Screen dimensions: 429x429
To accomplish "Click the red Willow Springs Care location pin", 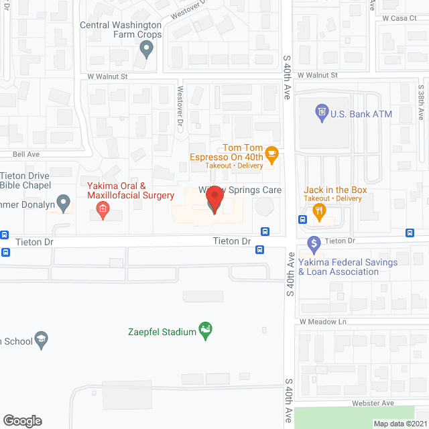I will [214, 200].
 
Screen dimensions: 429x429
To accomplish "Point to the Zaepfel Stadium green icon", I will [206, 331].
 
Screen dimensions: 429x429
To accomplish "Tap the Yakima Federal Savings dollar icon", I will [313, 243].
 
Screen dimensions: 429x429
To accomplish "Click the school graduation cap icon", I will [42, 340].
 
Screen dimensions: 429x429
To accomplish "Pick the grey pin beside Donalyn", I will [64, 201].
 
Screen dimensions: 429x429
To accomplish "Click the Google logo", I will [22, 420].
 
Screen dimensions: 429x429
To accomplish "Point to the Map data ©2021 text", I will [400, 423].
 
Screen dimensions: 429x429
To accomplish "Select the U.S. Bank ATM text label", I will [361, 114].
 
